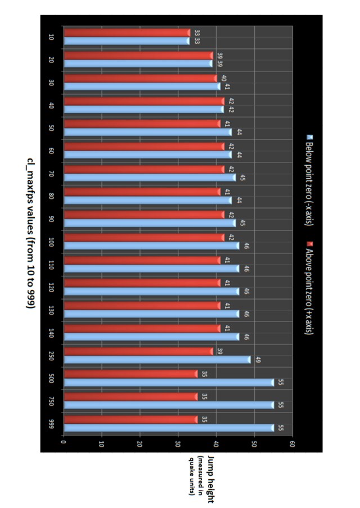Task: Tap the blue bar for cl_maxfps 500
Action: (x=169, y=382)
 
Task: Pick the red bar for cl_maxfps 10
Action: (x=127, y=33)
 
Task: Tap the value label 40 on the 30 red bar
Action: (x=223, y=78)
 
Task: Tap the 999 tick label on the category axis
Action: (x=51, y=424)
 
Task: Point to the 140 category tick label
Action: (x=51, y=333)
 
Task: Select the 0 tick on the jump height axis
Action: (x=64, y=444)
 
